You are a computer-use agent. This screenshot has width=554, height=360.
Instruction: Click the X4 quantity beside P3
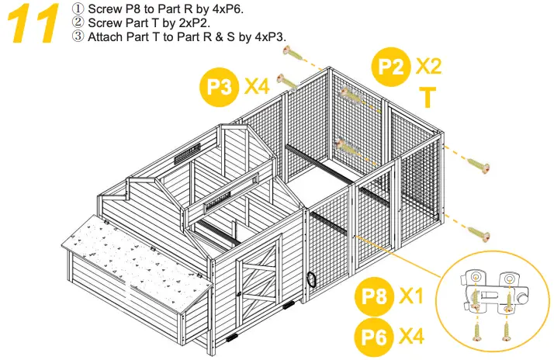pos(257,85)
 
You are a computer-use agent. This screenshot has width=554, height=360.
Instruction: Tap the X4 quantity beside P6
pos(412,336)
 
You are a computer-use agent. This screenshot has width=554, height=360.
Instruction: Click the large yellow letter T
pos(427,99)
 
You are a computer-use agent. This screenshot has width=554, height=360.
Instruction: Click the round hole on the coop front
pos(312,279)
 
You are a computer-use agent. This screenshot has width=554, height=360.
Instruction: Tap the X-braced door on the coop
pos(261,284)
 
